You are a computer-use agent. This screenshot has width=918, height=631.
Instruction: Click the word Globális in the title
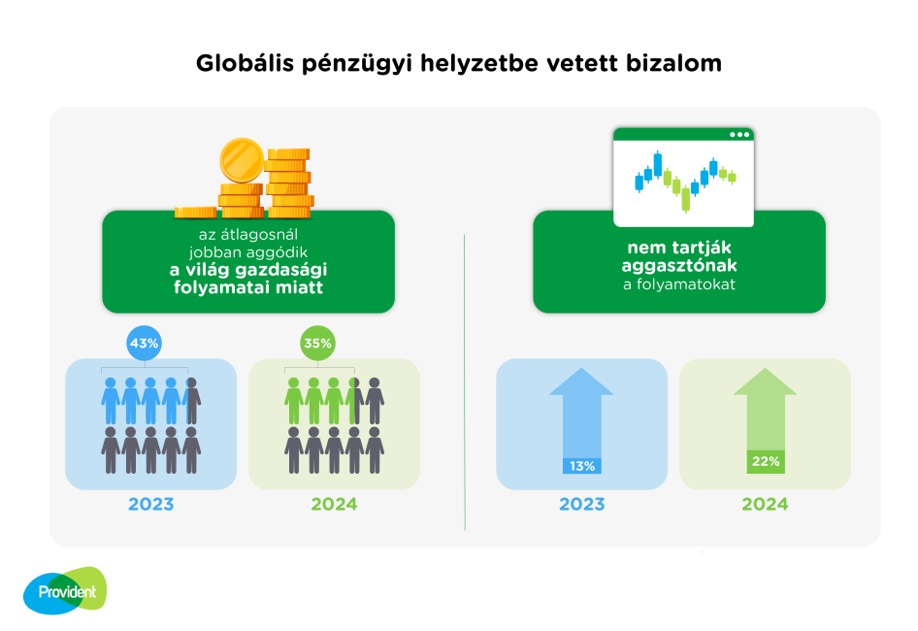(x=245, y=63)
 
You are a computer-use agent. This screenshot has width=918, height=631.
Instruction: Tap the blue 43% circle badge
(x=144, y=343)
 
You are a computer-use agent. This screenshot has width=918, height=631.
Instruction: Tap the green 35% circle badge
(x=318, y=343)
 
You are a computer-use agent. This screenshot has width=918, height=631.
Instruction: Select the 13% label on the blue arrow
(x=582, y=466)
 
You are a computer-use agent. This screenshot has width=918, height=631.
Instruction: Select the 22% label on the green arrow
(x=766, y=462)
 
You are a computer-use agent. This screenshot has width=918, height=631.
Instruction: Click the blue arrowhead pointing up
(x=581, y=382)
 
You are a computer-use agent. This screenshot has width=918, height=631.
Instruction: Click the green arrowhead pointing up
(x=766, y=382)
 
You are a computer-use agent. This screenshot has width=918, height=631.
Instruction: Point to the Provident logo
(x=65, y=590)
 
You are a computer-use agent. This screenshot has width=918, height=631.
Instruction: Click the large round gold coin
(x=242, y=160)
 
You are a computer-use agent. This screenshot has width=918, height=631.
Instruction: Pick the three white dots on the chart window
(x=739, y=135)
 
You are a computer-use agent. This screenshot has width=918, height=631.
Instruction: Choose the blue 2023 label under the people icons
(x=151, y=504)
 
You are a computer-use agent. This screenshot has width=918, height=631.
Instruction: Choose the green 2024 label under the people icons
(x=334, y=504)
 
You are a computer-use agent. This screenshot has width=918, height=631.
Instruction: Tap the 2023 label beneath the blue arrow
(x=582, y=504)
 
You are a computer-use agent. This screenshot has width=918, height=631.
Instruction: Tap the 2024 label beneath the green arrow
(x=766, y=504)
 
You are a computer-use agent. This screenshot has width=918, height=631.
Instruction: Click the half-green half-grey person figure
(x=354, y=401)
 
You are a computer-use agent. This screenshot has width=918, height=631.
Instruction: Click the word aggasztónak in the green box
(x=679, y=266)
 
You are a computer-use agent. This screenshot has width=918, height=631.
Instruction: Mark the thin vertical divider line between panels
(x=465, y=382)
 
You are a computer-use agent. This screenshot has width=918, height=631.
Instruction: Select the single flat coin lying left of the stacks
(x=196, y=212)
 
